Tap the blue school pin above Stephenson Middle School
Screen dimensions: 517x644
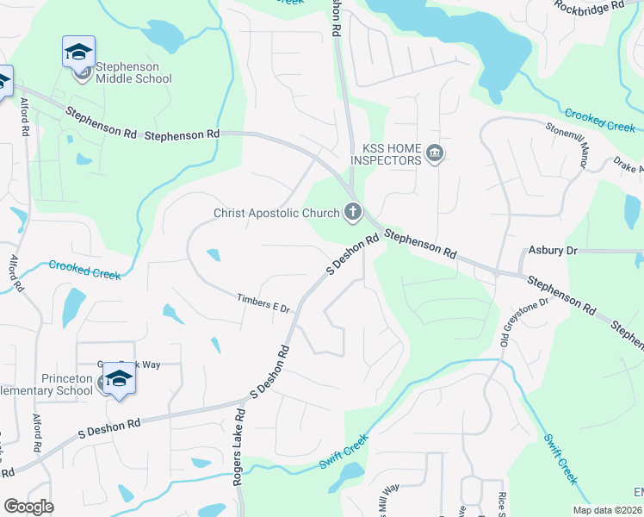coord(78,52)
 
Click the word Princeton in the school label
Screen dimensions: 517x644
coord(67,378)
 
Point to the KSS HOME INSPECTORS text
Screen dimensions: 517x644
coord(387,153)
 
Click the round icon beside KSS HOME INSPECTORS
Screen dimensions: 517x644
coord(435,154)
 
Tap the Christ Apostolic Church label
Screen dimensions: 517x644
coord(276,213)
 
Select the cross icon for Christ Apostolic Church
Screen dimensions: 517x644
coord(352,212)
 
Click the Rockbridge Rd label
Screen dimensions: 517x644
coord(589,7)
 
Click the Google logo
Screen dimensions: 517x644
coord(28,507)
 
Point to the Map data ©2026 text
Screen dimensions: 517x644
coord(607,510)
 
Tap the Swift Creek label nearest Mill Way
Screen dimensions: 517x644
coord(344,451)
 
